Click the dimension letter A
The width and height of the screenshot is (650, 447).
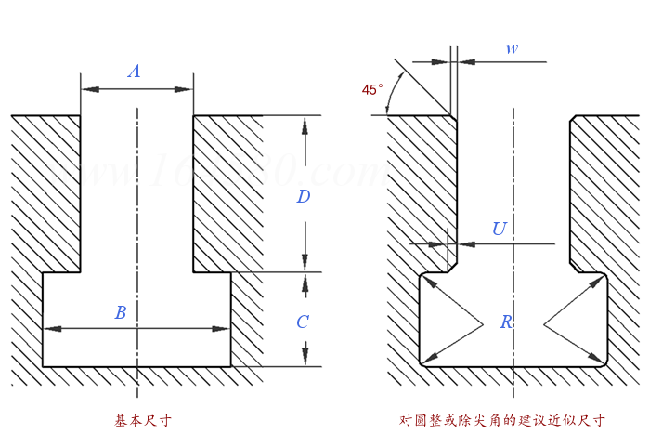(135, 72)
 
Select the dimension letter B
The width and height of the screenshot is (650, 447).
(120, 313)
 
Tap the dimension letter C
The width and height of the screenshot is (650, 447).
(303, 322)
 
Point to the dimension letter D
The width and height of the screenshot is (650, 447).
(303, 196)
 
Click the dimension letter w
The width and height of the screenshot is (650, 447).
(512, 48)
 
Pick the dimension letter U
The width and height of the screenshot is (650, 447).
(500, 229)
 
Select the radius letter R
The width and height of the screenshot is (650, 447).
(507, 322)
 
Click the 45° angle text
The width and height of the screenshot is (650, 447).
(372, 90)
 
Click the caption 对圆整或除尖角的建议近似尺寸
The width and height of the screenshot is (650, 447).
(502, 421)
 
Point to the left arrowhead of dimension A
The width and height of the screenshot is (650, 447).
(87, 89)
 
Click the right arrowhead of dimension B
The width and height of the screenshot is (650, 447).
(224, 328)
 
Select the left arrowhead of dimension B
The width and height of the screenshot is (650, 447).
(50, 328)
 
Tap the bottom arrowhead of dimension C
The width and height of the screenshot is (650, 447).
(304, 361)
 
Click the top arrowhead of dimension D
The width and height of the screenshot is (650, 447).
(304, 122)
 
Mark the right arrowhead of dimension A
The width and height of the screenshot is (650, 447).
(187, 89)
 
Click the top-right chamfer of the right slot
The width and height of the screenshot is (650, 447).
(573, 118)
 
